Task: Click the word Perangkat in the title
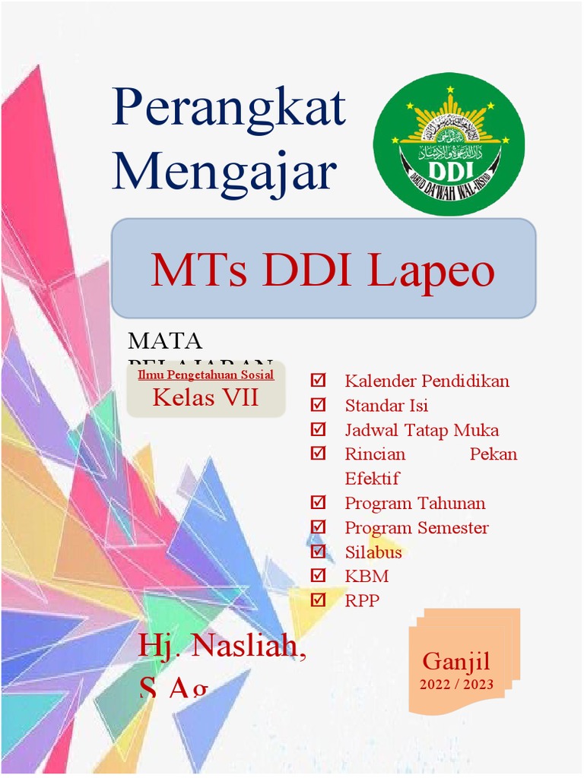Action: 229,109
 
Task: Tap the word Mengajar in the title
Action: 224,172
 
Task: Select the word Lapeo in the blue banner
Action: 430,271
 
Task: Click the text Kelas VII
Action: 205,397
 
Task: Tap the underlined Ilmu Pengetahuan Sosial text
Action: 205,375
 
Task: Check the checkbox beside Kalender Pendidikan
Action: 319,380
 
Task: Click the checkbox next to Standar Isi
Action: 319,405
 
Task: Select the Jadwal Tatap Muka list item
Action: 421,430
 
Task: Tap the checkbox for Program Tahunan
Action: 319,503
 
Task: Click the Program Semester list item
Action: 416,527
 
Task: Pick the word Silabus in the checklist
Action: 373,552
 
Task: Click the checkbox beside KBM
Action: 319,576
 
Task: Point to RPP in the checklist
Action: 361,601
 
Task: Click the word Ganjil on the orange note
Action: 456,661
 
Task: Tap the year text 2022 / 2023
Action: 456,684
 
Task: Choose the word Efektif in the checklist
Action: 372,479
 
